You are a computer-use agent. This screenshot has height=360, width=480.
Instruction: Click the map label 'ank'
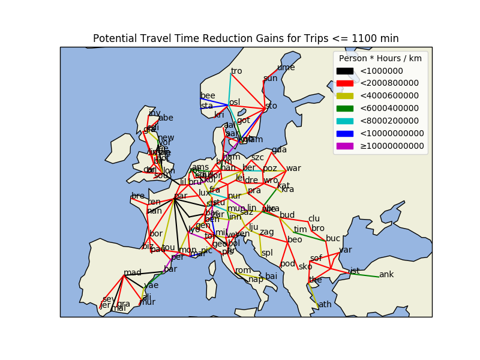pyautogui.click(x=386, y=275)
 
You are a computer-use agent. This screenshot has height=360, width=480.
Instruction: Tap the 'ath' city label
pyautogui.click(x=325, y=305)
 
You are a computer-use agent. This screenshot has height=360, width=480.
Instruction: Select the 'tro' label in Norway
pyautogui.click(x=236, y=71)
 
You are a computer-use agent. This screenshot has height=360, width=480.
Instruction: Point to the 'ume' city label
pyautogui.click(x=286, y=68)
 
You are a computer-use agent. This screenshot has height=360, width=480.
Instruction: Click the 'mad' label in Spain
pyautogui.click(x=132, y=273)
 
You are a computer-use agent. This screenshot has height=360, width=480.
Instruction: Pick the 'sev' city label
pyautogui.click(x=108, y=299)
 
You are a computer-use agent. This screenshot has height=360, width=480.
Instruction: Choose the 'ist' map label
pyautogui.click(x=355, y=271)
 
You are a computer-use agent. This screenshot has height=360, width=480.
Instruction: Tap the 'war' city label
pyautogui.click(x=293, y=169)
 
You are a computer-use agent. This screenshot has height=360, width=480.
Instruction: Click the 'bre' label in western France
pyautogui.click(x=138, y=196)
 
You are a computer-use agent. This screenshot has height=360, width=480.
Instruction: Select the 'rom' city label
pyautogui.click(x=243, y=271)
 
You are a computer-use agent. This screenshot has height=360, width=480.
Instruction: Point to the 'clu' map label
pyautogui.click(x=314, y=219)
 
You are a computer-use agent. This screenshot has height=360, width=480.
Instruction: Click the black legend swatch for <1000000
pyautogui.click(x=344, y=71)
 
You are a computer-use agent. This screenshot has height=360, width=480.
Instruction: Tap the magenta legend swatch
pyautogui.click(x=344, y=146)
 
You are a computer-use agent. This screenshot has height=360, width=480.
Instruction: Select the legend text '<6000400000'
pyautogui.click(x=389, y=108)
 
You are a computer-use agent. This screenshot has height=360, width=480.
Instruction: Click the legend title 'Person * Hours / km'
pyautogui.click(x=380, y=59)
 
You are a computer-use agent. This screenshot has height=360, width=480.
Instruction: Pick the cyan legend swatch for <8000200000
pyautogui.click(x=344, y=121)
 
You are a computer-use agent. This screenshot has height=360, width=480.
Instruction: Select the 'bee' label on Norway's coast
pyautogui.click(x=208, y=96)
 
